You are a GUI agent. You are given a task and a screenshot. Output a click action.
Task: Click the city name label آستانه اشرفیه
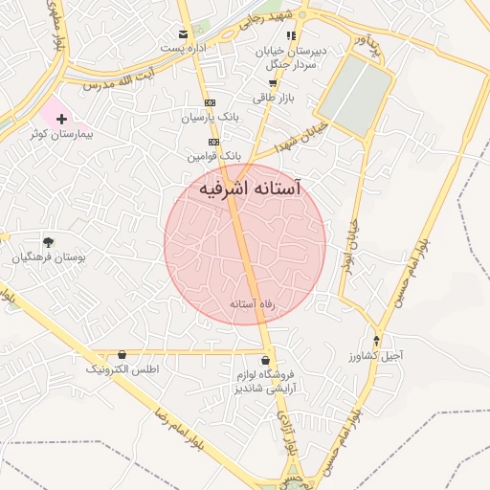tap(250, 190)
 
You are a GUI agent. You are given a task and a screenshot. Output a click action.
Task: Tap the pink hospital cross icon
tap(62, 120)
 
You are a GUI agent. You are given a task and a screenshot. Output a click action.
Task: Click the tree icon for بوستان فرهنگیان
tap(48, 242)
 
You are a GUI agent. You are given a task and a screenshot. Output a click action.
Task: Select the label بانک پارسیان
tap(211, 117)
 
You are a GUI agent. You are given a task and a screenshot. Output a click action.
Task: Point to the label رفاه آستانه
tap(253, 303)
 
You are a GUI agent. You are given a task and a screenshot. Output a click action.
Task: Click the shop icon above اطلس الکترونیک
tap(122, 354)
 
